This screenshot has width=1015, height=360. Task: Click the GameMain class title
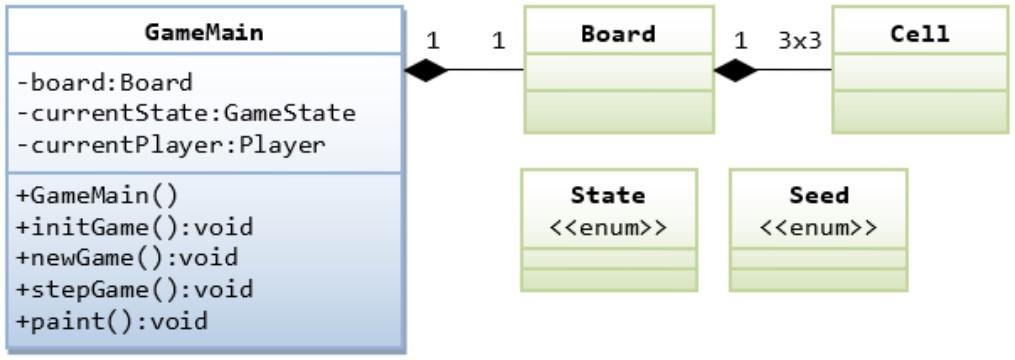coord(204,32)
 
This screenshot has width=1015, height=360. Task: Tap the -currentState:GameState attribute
coord(186,113)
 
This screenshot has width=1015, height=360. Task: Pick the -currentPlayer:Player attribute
coord(170,144)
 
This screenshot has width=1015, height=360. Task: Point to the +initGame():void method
coord(136,226)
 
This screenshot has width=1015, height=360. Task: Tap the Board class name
coord(618,33)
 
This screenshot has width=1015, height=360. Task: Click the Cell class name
coord(919,33)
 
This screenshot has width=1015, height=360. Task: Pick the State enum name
coord(607,195)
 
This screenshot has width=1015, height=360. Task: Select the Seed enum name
coord(818,195)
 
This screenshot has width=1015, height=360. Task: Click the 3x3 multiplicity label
coord(799,40)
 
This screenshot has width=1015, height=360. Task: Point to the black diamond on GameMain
coord(426,70)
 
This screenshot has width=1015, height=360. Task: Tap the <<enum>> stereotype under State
coord(607,225)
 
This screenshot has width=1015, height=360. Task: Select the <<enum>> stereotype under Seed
coord(818,225)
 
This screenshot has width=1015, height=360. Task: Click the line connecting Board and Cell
coord(795,70)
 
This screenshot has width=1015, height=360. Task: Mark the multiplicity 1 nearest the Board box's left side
coord(498,40)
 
